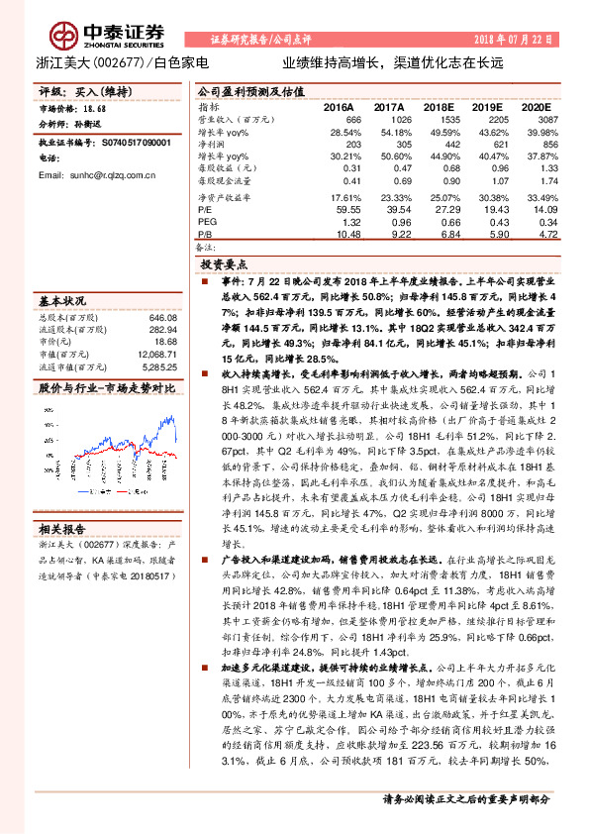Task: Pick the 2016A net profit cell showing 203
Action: click(346, 143)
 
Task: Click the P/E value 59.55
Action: click(346, 210)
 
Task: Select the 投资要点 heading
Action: click(227, 266)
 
